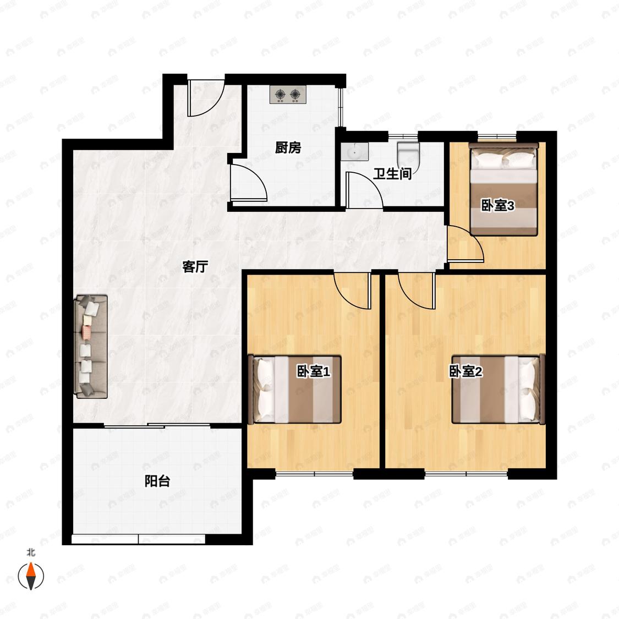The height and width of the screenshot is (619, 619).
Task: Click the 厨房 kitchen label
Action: coord(288,147)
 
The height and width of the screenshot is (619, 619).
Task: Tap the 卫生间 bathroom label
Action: coord(392,174)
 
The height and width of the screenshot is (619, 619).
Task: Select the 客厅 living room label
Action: coord(195,266)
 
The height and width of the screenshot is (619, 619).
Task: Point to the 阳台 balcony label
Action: coord(157,481)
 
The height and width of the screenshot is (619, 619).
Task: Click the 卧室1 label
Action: coord(313,371)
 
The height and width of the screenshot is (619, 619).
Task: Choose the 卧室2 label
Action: coord(466,371)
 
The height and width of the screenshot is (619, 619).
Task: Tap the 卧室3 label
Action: coord(497,205)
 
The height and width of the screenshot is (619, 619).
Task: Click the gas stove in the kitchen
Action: coord(288,95)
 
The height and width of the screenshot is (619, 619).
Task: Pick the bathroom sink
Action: coord(354,152)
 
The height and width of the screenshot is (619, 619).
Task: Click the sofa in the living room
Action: coord(91,346)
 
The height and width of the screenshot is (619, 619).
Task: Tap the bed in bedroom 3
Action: coord(503,189)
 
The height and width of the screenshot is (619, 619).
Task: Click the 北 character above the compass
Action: coord(31,552)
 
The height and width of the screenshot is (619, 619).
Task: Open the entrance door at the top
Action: coord(206,98)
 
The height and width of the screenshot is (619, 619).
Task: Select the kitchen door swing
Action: coord(249,183)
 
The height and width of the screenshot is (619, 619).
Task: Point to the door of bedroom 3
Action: coord(465,243)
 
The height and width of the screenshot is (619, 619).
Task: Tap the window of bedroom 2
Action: coord(466,473)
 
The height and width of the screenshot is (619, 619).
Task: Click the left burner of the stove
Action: coord(280,94)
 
